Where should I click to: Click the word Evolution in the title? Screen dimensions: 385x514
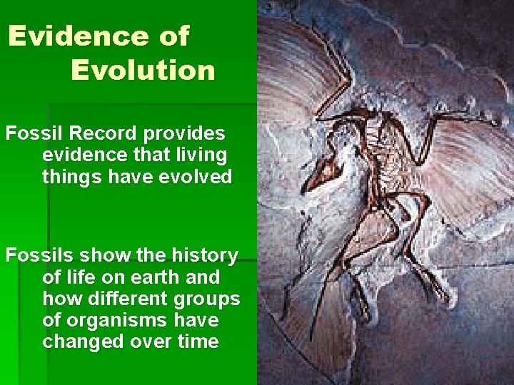point(143,70)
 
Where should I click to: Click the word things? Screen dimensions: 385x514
point(69,177)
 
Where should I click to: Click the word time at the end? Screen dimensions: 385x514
point(198,342)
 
